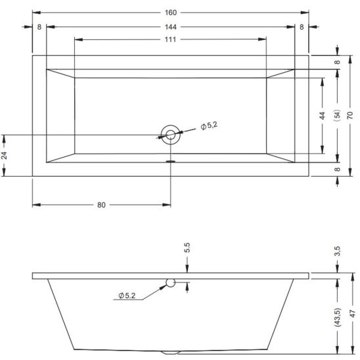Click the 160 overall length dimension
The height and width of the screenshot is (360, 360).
(171, 12)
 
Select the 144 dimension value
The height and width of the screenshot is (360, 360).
(171, 27)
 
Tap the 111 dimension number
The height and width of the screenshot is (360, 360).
(170, 39)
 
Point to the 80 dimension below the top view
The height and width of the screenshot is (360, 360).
(101, 205)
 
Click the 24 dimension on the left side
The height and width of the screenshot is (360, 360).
(5, 156)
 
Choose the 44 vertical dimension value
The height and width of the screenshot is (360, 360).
(323, 116)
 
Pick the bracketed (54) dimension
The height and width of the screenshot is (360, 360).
(338, 115)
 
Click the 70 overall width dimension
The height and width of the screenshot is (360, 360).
(350, 115)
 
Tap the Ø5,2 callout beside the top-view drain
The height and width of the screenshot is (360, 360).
(209, 125)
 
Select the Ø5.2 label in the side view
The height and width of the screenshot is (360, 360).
(127, 296)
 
